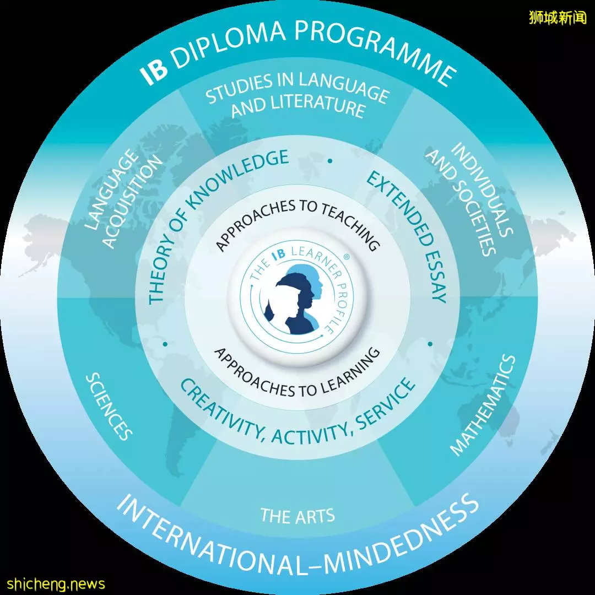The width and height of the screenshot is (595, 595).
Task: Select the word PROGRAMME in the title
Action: click(376, 50)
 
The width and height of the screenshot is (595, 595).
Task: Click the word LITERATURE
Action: click(298, 107)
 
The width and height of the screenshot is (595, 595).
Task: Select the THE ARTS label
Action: click(297, 516)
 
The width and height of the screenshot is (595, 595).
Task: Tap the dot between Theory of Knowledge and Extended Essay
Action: click(330, 161)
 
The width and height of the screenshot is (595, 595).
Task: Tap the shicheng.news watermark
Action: click(56, 583)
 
